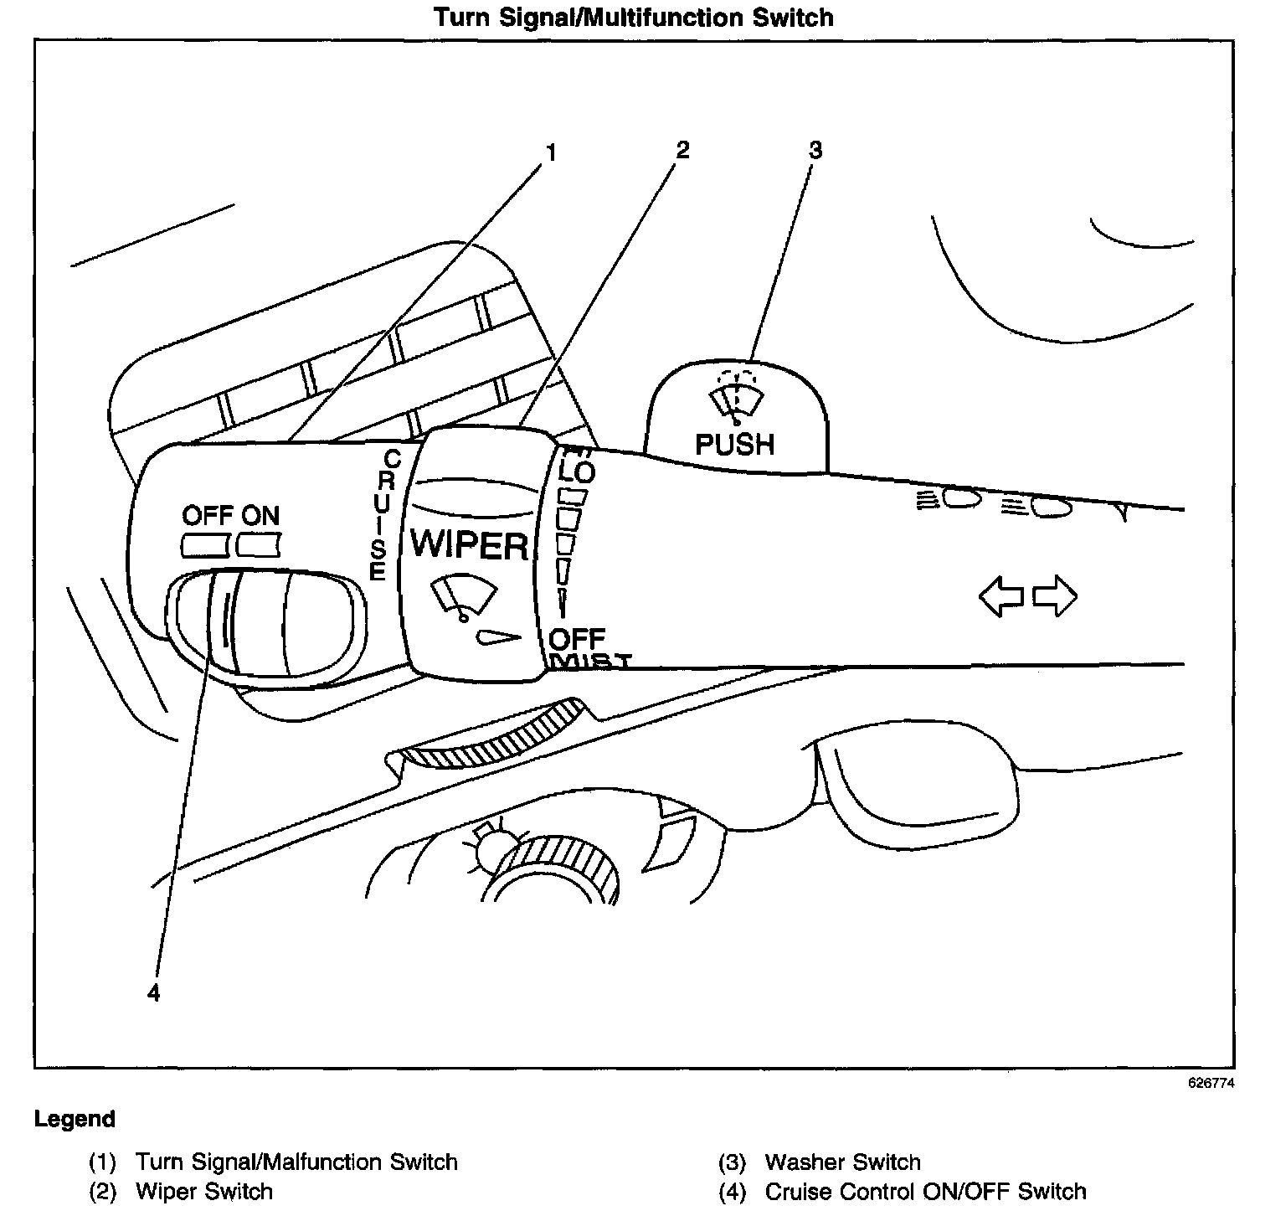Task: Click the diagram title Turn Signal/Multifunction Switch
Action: pos(634,18)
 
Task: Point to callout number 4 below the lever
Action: pos(152,992)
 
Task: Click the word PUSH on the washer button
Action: pos(735,444)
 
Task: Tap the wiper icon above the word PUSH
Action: pos(735,398)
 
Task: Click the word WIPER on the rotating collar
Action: pos(469,545)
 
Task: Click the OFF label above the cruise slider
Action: pos(207,515)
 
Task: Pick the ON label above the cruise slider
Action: pos(261,515)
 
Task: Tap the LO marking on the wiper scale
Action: pos(576,472)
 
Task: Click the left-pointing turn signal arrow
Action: pos(1001,595)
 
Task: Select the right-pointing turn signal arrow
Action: pos(1055,595)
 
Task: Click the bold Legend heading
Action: pos(75,1119)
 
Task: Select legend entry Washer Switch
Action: pos(842,1162)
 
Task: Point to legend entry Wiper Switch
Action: pos(203,1191)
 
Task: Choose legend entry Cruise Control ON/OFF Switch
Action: pos(925,1191)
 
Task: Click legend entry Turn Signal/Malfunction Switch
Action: pos(296,1162)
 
